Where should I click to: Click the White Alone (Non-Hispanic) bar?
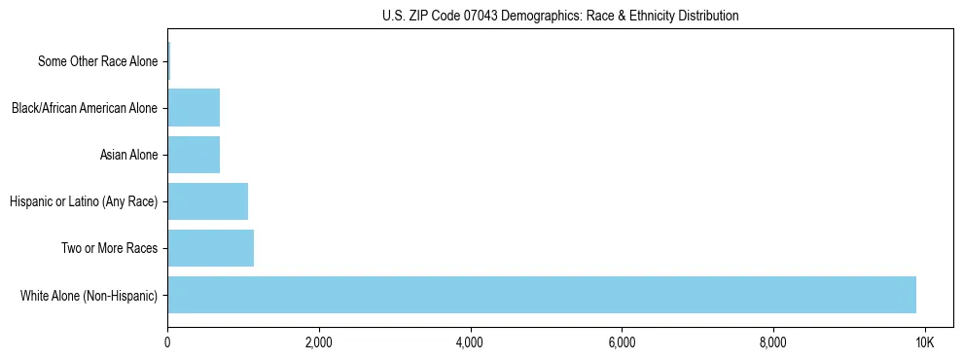pos(541,295)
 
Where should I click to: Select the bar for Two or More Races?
pos(210,248)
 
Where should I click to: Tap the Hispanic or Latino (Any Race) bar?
pos(207,201)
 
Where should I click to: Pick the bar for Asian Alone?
pos(194,155)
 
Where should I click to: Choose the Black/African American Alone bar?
pos(194,108)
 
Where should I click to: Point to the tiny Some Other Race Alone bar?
pos(168,61)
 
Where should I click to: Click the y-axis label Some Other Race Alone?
pos(97,61)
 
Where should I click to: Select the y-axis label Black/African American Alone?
pos(85,108)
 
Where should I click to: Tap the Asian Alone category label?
pos(128,155)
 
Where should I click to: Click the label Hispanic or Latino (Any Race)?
pos(84,201)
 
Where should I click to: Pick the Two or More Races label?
pos(109,248)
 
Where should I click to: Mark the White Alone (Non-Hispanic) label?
pos(89,295)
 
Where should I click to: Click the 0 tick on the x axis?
pos(167,342)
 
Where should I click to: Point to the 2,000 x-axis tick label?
pos(318,342)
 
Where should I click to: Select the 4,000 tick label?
pos(470,342)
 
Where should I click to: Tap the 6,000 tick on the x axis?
pos(622,342)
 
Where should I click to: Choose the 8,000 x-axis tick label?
pos(772,342)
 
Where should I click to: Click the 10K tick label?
pos(924,342)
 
